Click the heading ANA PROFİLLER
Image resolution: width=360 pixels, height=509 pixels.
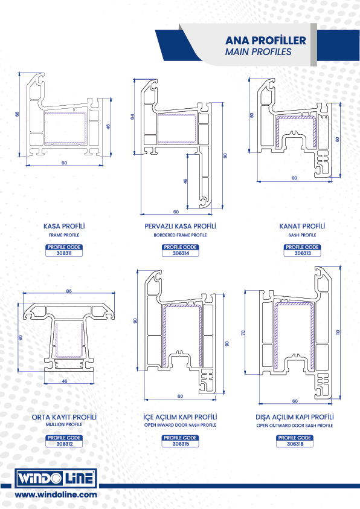266,41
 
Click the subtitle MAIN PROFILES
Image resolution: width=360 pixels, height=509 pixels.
258,52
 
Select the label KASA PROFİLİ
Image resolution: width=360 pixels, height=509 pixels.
64,226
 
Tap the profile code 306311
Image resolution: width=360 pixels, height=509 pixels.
64,253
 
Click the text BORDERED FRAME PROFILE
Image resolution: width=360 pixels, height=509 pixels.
181,235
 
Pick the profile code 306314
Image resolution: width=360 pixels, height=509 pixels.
181,253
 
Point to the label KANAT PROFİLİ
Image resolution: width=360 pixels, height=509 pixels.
302,226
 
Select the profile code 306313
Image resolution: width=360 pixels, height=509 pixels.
303,253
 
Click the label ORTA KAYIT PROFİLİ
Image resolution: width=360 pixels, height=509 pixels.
64,417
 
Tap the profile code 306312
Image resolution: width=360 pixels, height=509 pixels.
65,444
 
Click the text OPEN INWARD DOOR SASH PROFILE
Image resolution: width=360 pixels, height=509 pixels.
181,425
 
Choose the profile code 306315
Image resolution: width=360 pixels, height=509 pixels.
181,444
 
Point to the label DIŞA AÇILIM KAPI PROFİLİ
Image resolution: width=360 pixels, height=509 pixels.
295,417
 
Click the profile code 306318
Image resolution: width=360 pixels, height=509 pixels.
295,444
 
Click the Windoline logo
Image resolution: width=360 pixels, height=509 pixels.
56,478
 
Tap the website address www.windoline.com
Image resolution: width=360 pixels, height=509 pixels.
56,494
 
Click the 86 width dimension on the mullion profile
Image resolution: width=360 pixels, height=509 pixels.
69,291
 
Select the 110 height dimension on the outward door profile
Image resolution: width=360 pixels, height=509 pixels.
338,332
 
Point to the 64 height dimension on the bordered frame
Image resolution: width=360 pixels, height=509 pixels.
132,117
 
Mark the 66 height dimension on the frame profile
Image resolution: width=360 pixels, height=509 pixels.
17,114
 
